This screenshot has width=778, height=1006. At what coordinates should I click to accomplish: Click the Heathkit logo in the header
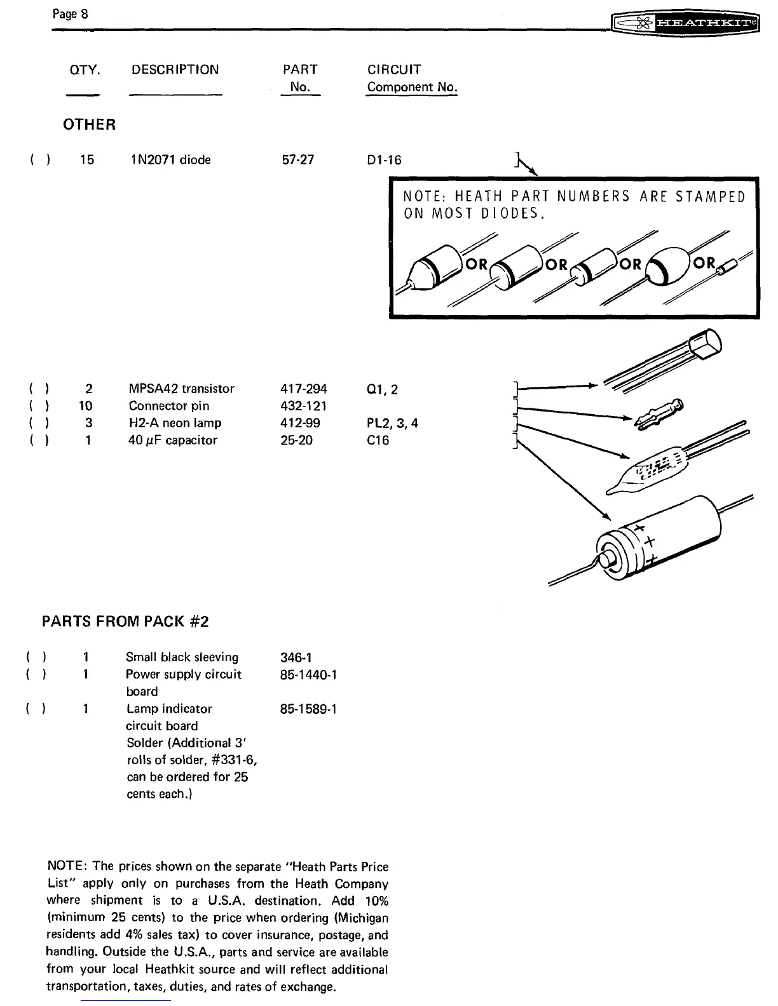coord(685,24)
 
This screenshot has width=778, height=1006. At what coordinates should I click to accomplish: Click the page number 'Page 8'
coord(70,13)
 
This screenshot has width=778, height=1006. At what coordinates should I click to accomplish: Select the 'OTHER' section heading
coord(89,124)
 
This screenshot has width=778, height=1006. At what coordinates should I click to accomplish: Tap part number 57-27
coord(297,159)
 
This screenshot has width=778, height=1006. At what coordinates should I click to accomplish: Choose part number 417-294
coord(303,389)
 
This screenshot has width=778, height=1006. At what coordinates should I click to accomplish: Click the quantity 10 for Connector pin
coord(86,406)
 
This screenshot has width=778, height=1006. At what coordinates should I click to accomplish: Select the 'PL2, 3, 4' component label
coord(388,423)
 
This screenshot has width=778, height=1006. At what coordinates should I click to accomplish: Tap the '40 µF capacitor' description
coord(172,440)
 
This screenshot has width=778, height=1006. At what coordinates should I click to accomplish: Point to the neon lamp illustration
coord(655,467)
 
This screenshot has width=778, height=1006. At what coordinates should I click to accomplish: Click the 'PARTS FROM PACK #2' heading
coord(125,621)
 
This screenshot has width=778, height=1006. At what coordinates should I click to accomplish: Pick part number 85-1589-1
coord(308,708)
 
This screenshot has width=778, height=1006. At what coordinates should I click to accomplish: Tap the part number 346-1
coord(296,657)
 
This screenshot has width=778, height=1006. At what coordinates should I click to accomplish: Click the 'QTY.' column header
coord(85,70)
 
